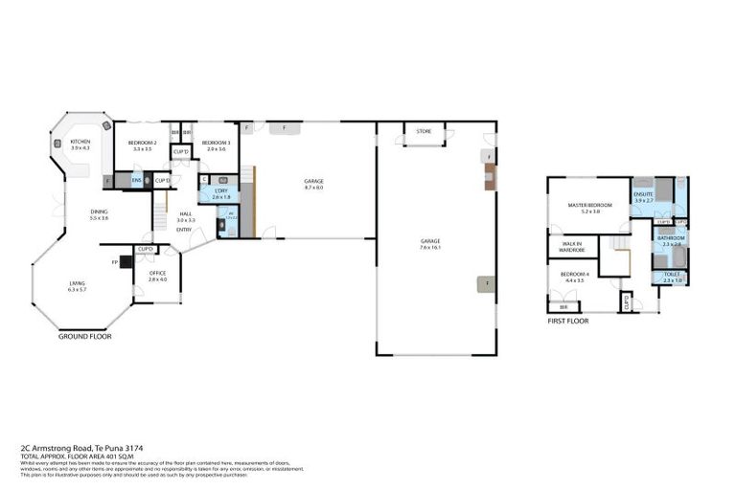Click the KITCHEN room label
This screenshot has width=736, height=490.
tap(80, 142)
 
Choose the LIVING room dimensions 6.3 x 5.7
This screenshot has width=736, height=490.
tap(77, 289)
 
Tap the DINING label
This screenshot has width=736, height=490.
tap(99, 212)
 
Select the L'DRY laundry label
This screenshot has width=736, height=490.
tap(220, 190)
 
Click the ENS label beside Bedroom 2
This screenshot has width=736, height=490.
tap(136, 180)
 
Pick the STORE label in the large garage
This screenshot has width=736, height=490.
tap(424, 131)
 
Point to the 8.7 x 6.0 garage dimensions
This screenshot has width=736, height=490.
tap(313, 188)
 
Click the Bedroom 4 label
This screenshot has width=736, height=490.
tap(575, 275)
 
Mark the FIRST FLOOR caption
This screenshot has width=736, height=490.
tap(568, 322)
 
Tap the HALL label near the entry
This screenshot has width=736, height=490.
tap(185, 213)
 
